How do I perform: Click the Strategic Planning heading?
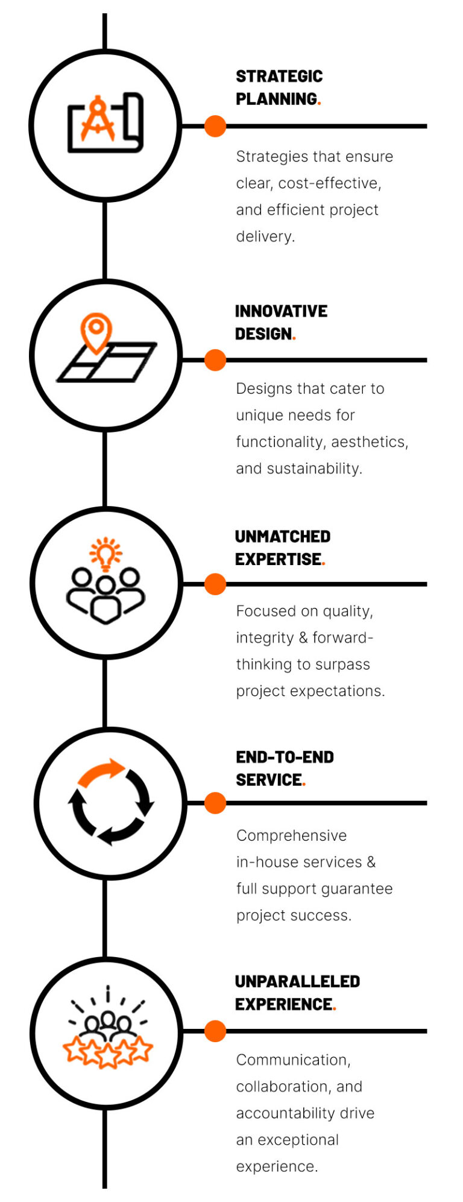click(279, 87)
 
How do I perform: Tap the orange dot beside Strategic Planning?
click(215, 126)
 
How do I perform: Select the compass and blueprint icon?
click(106, 122)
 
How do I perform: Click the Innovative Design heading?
click(281, 322)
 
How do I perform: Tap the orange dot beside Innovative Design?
click(215, 359)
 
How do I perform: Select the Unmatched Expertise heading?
click(283, 548)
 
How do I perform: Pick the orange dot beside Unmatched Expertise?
click(215, 584)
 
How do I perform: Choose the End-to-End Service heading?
click(285, 768)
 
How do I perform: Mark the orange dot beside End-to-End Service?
click(215, 803)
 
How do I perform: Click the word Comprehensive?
click(291, 835)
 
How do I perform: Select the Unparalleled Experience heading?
click(297, 993)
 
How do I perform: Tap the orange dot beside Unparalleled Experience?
click(215, 1031)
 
